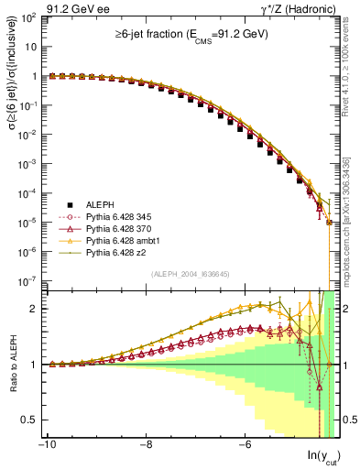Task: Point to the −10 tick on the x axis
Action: click(48, 445)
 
